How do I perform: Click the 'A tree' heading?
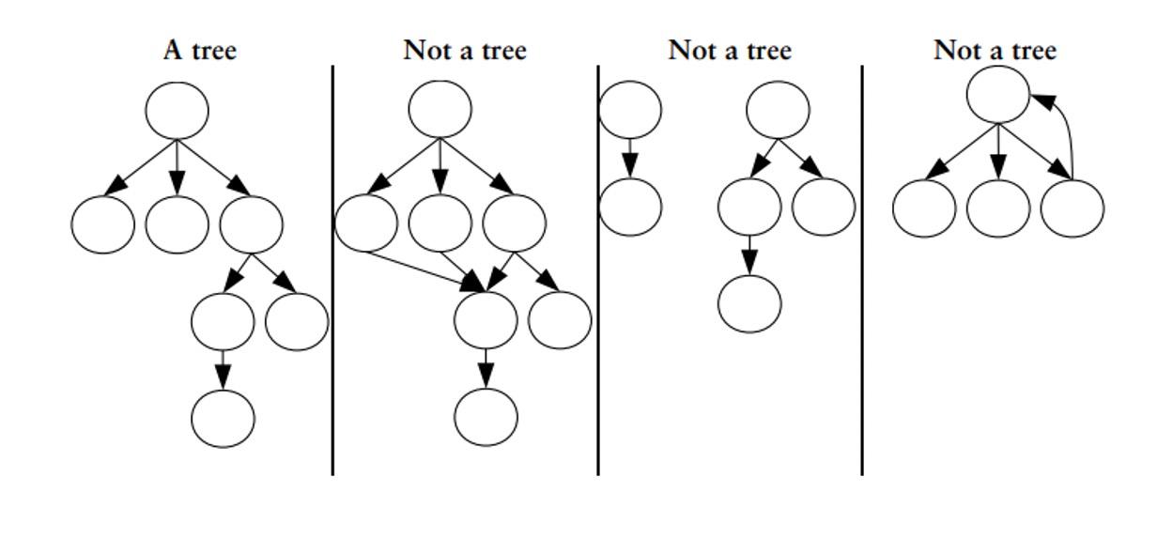click(199, 50)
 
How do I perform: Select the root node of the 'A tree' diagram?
click(177, 110)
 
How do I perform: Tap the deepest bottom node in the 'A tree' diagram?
click(223, 418)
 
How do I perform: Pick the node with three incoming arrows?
click(486, 319)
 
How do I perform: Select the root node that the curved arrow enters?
click(998, 95)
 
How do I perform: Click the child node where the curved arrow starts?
click(1072, 208)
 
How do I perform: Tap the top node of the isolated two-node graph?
click(630, 109)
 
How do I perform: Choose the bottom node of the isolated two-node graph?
click(630, 207)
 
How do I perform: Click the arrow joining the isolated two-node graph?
click(630, 158)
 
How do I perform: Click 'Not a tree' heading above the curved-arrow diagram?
click(995, 50)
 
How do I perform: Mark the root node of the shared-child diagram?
click(440, 109)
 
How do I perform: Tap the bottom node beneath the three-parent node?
click(486, 417)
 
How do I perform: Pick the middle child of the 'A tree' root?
click(177, 223)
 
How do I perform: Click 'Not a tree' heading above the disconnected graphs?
click(730, 50)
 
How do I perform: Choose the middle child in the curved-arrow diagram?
click(998, 208)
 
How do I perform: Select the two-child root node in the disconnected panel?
click(778, 110)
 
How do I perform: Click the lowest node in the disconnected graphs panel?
click(749, 303)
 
